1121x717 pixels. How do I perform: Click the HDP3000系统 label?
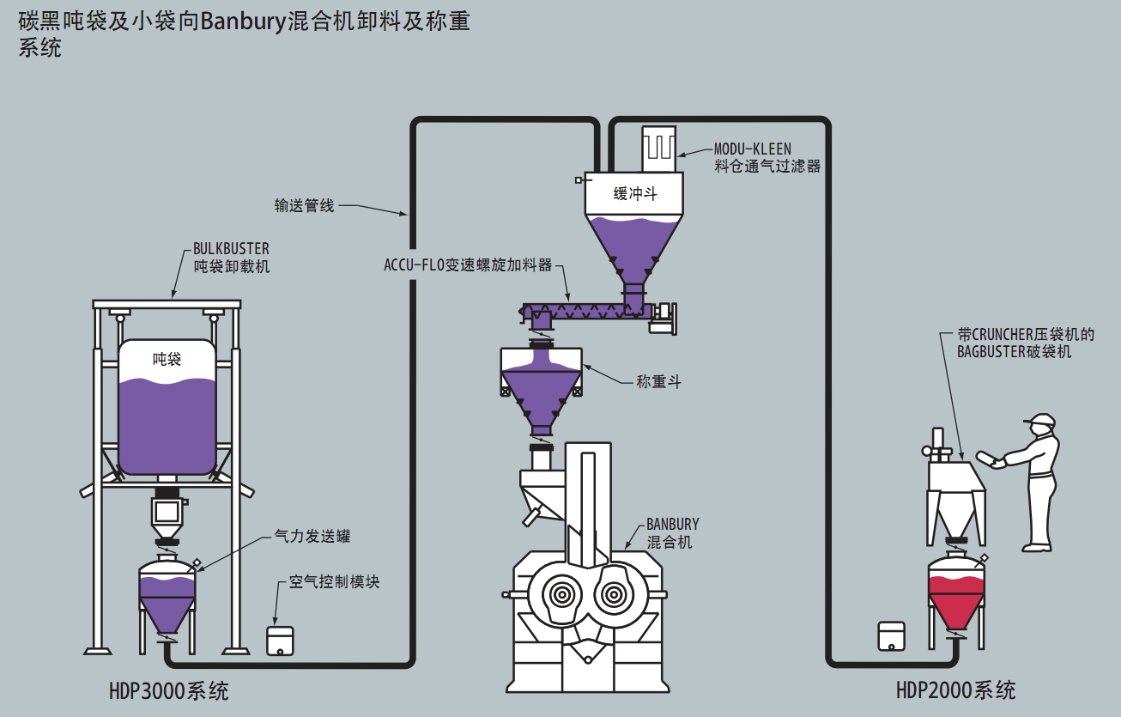[169, 690]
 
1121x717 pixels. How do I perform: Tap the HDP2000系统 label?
[955, 690]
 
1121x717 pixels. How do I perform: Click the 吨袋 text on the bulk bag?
[167, 358]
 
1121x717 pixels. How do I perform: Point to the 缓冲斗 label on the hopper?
[634, 193]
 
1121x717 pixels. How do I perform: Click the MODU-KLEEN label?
[753, 149]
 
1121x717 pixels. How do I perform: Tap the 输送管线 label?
[304, 205]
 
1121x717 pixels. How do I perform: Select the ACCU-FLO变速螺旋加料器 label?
[468, 265]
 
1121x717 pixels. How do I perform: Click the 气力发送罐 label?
[312, 537]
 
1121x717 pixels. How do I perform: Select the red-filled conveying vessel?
[956, 596]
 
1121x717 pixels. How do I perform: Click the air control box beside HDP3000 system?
[280, 641]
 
